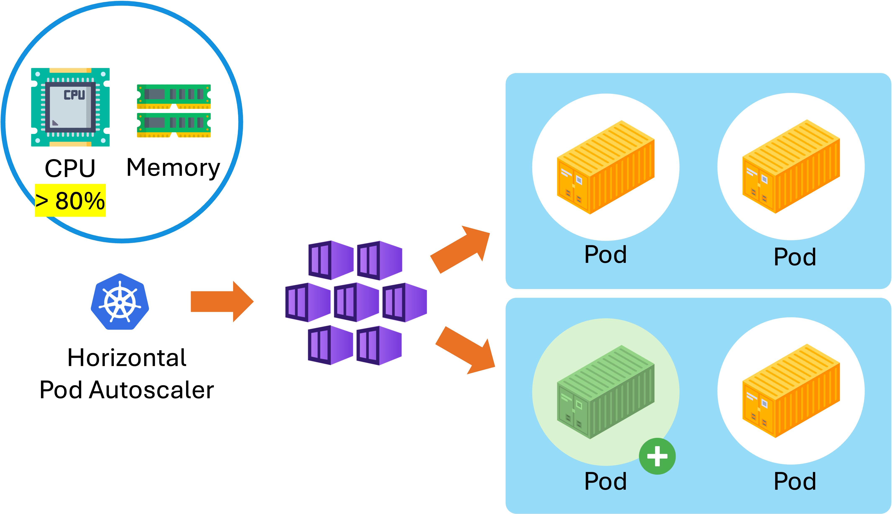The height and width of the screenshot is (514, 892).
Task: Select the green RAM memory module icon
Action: tap(174, 111)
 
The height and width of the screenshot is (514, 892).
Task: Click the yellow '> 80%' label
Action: tap(70, 200)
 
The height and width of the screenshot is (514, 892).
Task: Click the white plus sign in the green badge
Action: tap(657, 456)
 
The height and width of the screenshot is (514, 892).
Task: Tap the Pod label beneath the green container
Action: tap(605, 481)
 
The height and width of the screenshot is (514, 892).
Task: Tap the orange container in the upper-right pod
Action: tap(791, 167)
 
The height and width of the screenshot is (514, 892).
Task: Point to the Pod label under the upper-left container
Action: tap(605, 254)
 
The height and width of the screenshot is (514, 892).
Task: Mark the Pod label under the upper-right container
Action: tap(795, 257)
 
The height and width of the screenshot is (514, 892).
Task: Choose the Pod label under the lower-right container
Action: tap(795, 481)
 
